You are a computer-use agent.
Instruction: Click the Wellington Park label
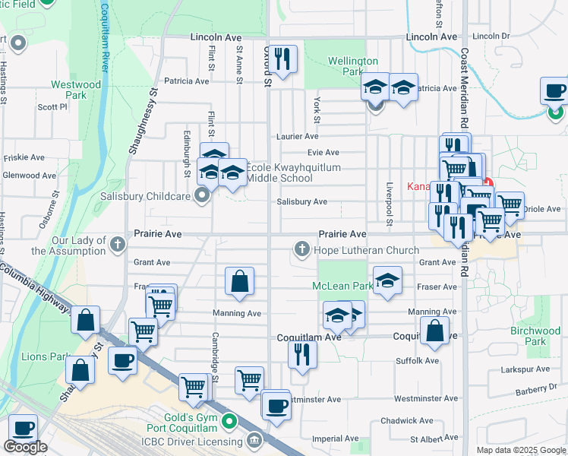(352, 66)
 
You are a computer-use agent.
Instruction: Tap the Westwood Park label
(76, 90)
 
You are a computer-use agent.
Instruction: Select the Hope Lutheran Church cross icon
(302, 249)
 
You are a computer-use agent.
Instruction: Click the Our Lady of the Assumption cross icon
(117, 244)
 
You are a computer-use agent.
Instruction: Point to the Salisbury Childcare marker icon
(202, 196)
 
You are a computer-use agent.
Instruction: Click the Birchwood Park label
(535, 336)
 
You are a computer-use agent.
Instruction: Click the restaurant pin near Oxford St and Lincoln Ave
(282, 59)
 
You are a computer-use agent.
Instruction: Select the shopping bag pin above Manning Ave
(239, 282)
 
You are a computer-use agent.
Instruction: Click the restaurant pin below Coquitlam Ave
(302, 354)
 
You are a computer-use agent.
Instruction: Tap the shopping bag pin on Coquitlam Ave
(434, 331)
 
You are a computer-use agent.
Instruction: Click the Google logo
(25, 447)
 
